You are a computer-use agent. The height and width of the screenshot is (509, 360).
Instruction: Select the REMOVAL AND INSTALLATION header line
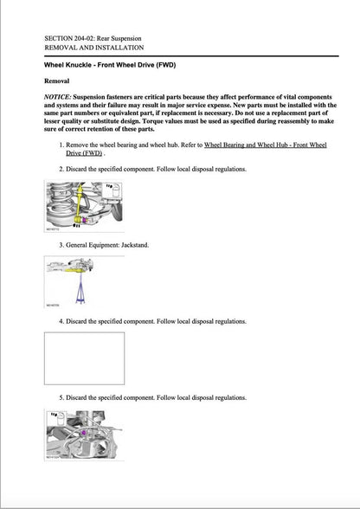[93, 48]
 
